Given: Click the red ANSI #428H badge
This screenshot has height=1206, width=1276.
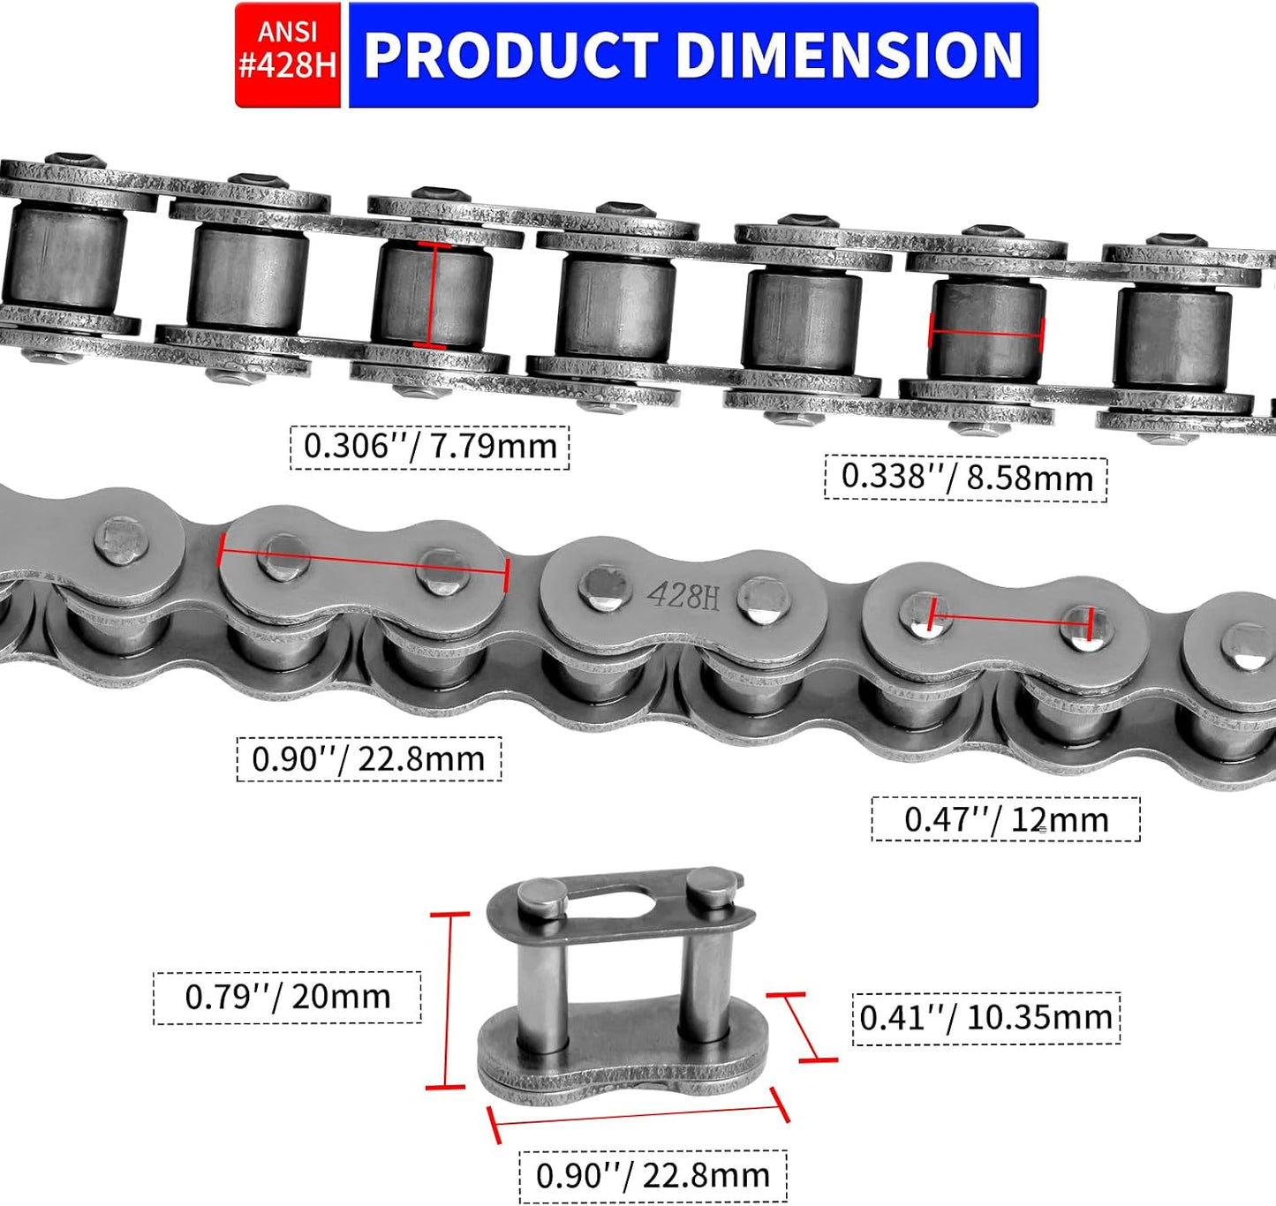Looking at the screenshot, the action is pyautogui.click(x=288, y=55).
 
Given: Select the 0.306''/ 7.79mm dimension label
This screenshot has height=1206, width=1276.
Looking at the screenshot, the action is pyautogui.click(x=430, y=448).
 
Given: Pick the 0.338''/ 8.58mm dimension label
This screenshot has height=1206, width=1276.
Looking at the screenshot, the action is pyautogui.click(x=966, y=479).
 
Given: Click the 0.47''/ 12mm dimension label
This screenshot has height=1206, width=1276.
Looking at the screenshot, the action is pyautogui.click(x=1006, y=819).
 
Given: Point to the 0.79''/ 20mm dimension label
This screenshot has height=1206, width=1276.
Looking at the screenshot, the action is pyautogui.click(x=288, y=997).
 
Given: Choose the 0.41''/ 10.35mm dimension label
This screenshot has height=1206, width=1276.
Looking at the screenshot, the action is pyautogui.click(x=985, y=1018).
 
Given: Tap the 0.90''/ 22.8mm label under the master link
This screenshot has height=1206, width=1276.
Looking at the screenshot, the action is pyautogui.click(x=653, y=1175).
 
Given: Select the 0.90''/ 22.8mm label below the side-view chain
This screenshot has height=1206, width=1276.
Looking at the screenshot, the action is pyautogui.click(x=368, y=758).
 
